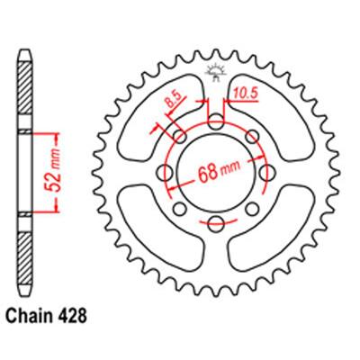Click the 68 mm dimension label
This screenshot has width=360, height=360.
tap(219, 171)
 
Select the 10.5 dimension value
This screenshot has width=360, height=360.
tap(246, 94)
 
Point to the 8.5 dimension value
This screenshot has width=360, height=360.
tap(174, 100)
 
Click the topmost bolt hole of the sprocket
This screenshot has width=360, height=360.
tap(216, 122)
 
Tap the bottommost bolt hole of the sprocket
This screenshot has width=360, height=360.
tap(216, 222)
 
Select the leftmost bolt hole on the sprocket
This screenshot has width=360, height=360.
tap(165, 172)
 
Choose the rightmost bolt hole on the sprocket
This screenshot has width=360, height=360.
tap(267, 172)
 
